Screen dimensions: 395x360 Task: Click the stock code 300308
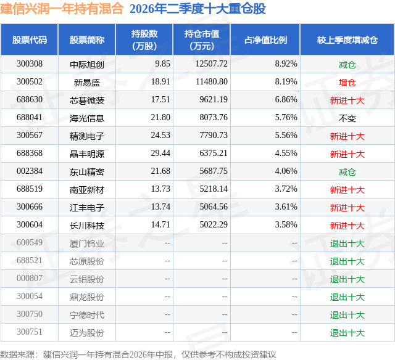[x=30, y=64]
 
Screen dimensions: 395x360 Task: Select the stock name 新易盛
[x=87, y=82]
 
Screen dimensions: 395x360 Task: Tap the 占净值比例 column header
[x=265, y=39]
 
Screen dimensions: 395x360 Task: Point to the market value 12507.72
[x=212, y=64]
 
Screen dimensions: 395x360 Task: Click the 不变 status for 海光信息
[x=347, y=118]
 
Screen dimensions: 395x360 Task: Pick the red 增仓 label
[x=347, y=82]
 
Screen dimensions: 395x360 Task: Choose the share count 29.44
[x=160, y=153]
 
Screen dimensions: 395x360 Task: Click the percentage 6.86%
[x=286, y=100]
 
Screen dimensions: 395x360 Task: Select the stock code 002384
[x=30, y=171]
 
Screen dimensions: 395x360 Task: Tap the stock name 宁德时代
[x=87, y=315]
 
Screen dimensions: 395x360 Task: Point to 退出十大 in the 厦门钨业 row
[x=347, y=243]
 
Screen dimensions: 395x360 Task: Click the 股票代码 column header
[x=30, y=39]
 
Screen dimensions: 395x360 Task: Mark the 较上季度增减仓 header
[x=347, y=39]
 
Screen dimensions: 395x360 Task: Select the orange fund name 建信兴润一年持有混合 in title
[x=62, y=9]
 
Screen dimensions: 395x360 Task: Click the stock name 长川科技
[x=87, y=226]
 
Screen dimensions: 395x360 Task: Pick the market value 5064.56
[x=214, y=207]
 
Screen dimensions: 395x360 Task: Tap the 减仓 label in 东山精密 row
[x=347, y=172]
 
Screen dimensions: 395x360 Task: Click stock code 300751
[x=30, y=332]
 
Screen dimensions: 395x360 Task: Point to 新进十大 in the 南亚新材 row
[x=347, y=190]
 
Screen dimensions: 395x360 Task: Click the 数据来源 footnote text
[x=138, y=354]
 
